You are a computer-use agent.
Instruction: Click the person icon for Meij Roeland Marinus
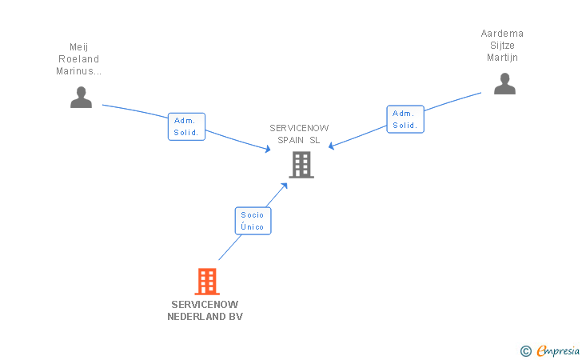click(81, 97)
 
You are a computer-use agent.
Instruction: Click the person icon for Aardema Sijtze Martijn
click(504, 83)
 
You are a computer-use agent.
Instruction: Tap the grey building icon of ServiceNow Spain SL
click(301, 164)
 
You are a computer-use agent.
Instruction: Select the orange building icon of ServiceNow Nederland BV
click(206, 281)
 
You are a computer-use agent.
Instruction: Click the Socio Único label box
click(253, 221)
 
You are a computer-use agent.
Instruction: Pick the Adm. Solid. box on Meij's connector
click(187, 126)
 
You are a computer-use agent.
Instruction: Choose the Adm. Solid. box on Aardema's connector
click(405, 119)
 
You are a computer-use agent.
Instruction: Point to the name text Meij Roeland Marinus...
click(79, 58)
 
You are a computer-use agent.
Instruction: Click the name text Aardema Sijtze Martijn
click(502, 46)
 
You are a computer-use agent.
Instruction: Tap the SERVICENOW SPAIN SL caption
click(299, 134)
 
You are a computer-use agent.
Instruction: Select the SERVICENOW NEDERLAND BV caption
click(205, 310)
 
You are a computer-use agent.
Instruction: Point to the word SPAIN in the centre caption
click(293, 140)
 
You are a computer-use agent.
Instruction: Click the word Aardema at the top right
click(502, 34)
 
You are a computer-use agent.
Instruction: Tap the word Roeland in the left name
click(79, 58)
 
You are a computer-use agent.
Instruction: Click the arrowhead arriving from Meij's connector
click(268, 149)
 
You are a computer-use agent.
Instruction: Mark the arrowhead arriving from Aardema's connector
click(332, 146)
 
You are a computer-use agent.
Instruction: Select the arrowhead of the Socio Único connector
click(284, 186)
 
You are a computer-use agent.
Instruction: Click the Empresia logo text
click(558, 350)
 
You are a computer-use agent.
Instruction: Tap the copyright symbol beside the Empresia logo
click(525, 350)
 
